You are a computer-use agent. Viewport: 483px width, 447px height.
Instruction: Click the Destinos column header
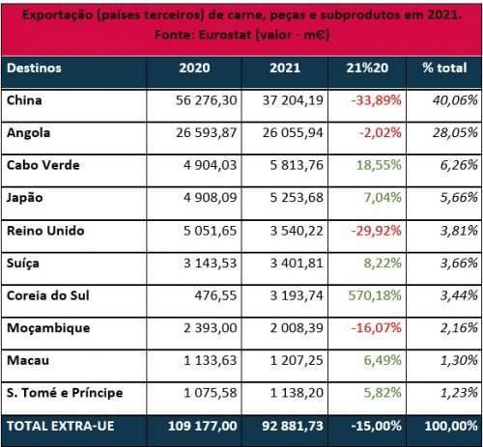coord(34,69)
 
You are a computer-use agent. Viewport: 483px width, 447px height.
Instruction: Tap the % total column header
coord(444,68)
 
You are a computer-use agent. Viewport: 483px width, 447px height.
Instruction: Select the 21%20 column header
coord(367,68)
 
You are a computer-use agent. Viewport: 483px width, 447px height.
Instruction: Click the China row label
coord(24,100)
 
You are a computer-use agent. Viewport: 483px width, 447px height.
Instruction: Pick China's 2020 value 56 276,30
coord(206,100)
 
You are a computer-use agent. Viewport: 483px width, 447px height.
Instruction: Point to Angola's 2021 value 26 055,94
coord(293,133)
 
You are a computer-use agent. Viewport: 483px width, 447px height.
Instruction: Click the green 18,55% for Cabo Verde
coord(379,165)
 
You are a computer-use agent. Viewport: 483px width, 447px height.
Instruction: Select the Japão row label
coord(25,198)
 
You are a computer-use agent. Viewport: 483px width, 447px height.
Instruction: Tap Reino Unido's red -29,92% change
coord(376,231)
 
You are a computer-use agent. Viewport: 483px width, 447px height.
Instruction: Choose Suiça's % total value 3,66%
coord(459,264)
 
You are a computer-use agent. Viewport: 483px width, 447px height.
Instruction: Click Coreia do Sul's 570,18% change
coord(375,295)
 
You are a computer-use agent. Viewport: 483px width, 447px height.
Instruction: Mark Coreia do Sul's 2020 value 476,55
coord(215,295)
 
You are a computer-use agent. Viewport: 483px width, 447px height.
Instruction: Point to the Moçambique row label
coord(48,328)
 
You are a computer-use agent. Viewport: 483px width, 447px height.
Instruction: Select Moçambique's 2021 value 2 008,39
coord(297,328)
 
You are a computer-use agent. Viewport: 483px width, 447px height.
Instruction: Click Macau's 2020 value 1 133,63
coord(210,360)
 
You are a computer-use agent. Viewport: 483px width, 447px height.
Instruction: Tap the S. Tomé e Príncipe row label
coord(65,393)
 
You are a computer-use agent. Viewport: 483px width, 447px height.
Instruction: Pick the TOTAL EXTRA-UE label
coord(61,426)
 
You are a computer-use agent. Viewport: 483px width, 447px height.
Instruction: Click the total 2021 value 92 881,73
coord(293,426)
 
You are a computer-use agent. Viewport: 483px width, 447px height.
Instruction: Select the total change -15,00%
coord(376,426)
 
